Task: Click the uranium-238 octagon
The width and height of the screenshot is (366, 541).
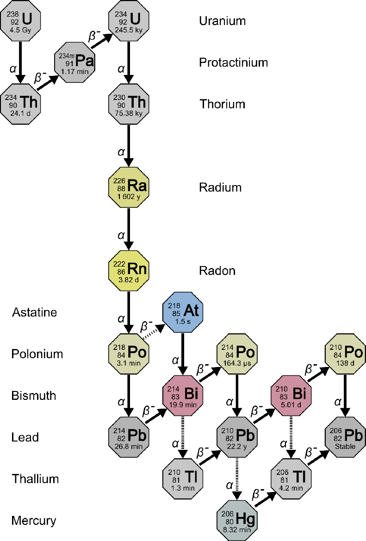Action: tap(20, 20)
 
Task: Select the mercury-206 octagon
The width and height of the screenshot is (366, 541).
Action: tap(236, 520)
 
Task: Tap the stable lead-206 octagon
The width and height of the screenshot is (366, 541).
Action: tap(345, 437)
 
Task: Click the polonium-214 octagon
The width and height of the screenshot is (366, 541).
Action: tap(236, 354)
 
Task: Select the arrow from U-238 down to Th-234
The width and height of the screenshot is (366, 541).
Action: tap(20, 62)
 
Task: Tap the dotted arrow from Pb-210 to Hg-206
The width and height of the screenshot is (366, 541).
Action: tap(236, 479)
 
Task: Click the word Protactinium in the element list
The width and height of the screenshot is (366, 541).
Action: tap(233, 62)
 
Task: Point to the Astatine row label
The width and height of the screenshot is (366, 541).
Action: tap(34, 312)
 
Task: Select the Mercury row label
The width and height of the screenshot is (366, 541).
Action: tap(34, 521)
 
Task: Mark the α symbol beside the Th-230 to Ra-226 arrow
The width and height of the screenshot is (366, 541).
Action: tap(121, 152)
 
